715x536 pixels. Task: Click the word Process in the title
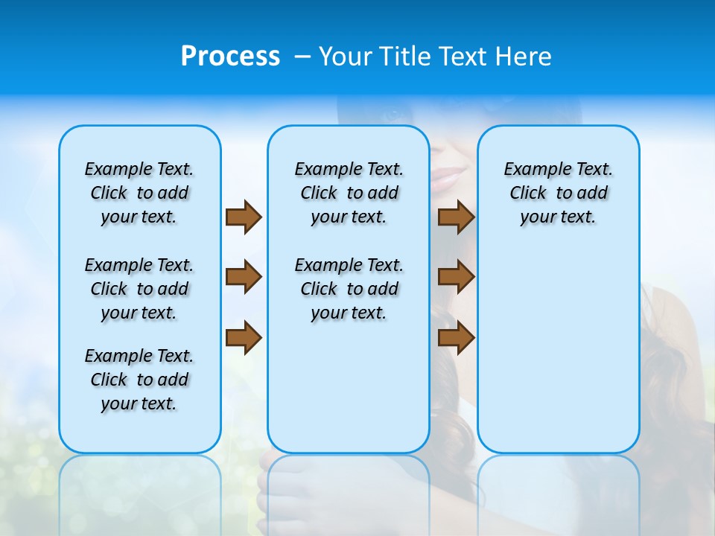(230, 57)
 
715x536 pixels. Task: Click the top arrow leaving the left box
(244, 217)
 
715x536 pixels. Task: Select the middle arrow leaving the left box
(244, 277)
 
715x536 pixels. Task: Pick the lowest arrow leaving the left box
(244, 338)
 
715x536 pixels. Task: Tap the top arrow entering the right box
(456, 217)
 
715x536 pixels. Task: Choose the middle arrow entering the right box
(456, 277)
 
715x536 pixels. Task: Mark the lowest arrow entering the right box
(456, 338)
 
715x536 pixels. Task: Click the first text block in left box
(139, 193)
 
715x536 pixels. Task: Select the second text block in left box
(139, 289)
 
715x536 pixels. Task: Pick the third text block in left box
(139, 380)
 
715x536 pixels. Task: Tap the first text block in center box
(349, 193)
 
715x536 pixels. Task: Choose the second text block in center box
(349, 289)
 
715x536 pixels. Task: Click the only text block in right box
(558, 193)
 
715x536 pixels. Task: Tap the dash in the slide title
(302, 57)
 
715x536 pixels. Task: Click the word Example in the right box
(532, 170)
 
